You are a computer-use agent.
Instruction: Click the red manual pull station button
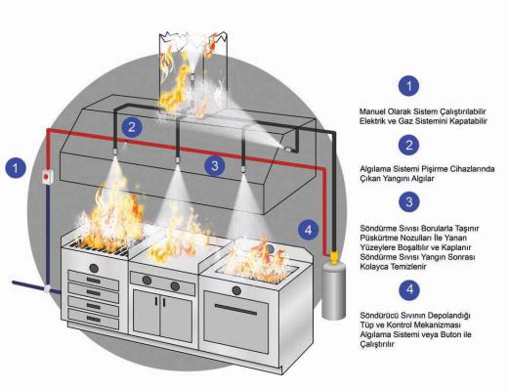click(x=47, y=177)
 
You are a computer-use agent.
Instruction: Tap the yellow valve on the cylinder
click(x=333, y=257)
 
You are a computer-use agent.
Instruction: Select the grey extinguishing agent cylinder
click(x=333, y=290)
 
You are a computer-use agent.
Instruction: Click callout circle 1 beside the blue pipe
click(x=16, y=168)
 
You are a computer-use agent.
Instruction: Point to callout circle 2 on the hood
click(x=132, y=127)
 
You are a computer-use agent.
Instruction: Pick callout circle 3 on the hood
click(x=215, y=166)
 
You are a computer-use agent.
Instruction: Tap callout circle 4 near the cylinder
click(x=308, y=231)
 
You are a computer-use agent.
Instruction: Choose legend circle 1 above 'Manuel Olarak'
click(x=409, y=86)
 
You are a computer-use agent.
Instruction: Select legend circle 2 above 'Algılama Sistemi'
click(x=409, y=145)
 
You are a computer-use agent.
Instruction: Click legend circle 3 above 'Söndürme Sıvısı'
click(x=409, y=201)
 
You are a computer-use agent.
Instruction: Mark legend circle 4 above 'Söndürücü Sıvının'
click(x=409, y=289)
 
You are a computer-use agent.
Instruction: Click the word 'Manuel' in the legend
click(x=372, y=111)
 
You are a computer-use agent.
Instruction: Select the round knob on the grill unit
click(x=94, y=269)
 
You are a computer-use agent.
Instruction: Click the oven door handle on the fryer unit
click(x=236, y=310)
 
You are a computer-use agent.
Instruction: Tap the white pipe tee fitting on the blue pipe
click(x=48, y=288)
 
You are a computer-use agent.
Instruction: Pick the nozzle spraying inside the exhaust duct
click(x=192, y=77)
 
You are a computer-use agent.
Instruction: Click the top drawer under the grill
click(x=93, y=281)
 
